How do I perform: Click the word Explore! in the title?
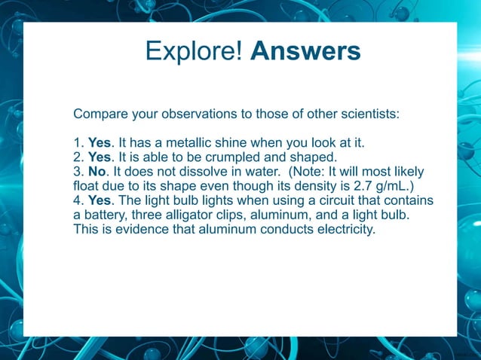click(194, 51)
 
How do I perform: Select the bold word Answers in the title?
click(305, 51)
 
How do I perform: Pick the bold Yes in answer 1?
click(99, 143)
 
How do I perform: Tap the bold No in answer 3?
click(97, 172)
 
